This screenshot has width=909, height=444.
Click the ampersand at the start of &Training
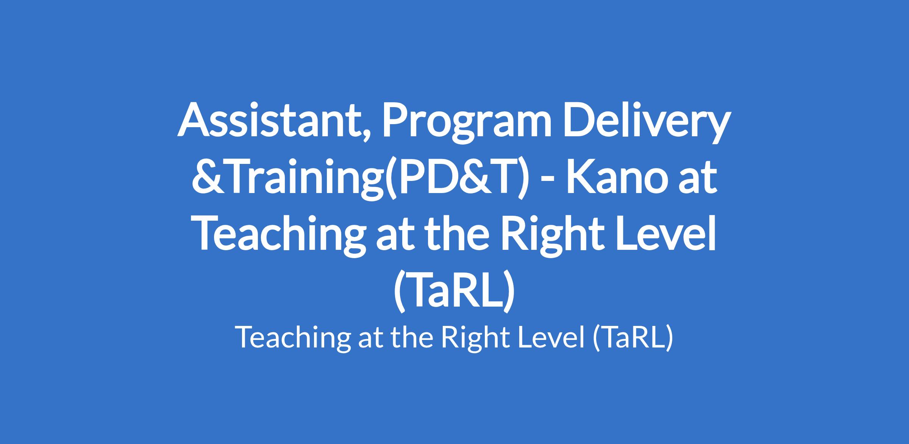coord(206,178)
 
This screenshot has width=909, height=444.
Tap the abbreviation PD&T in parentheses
coord(456,178)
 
